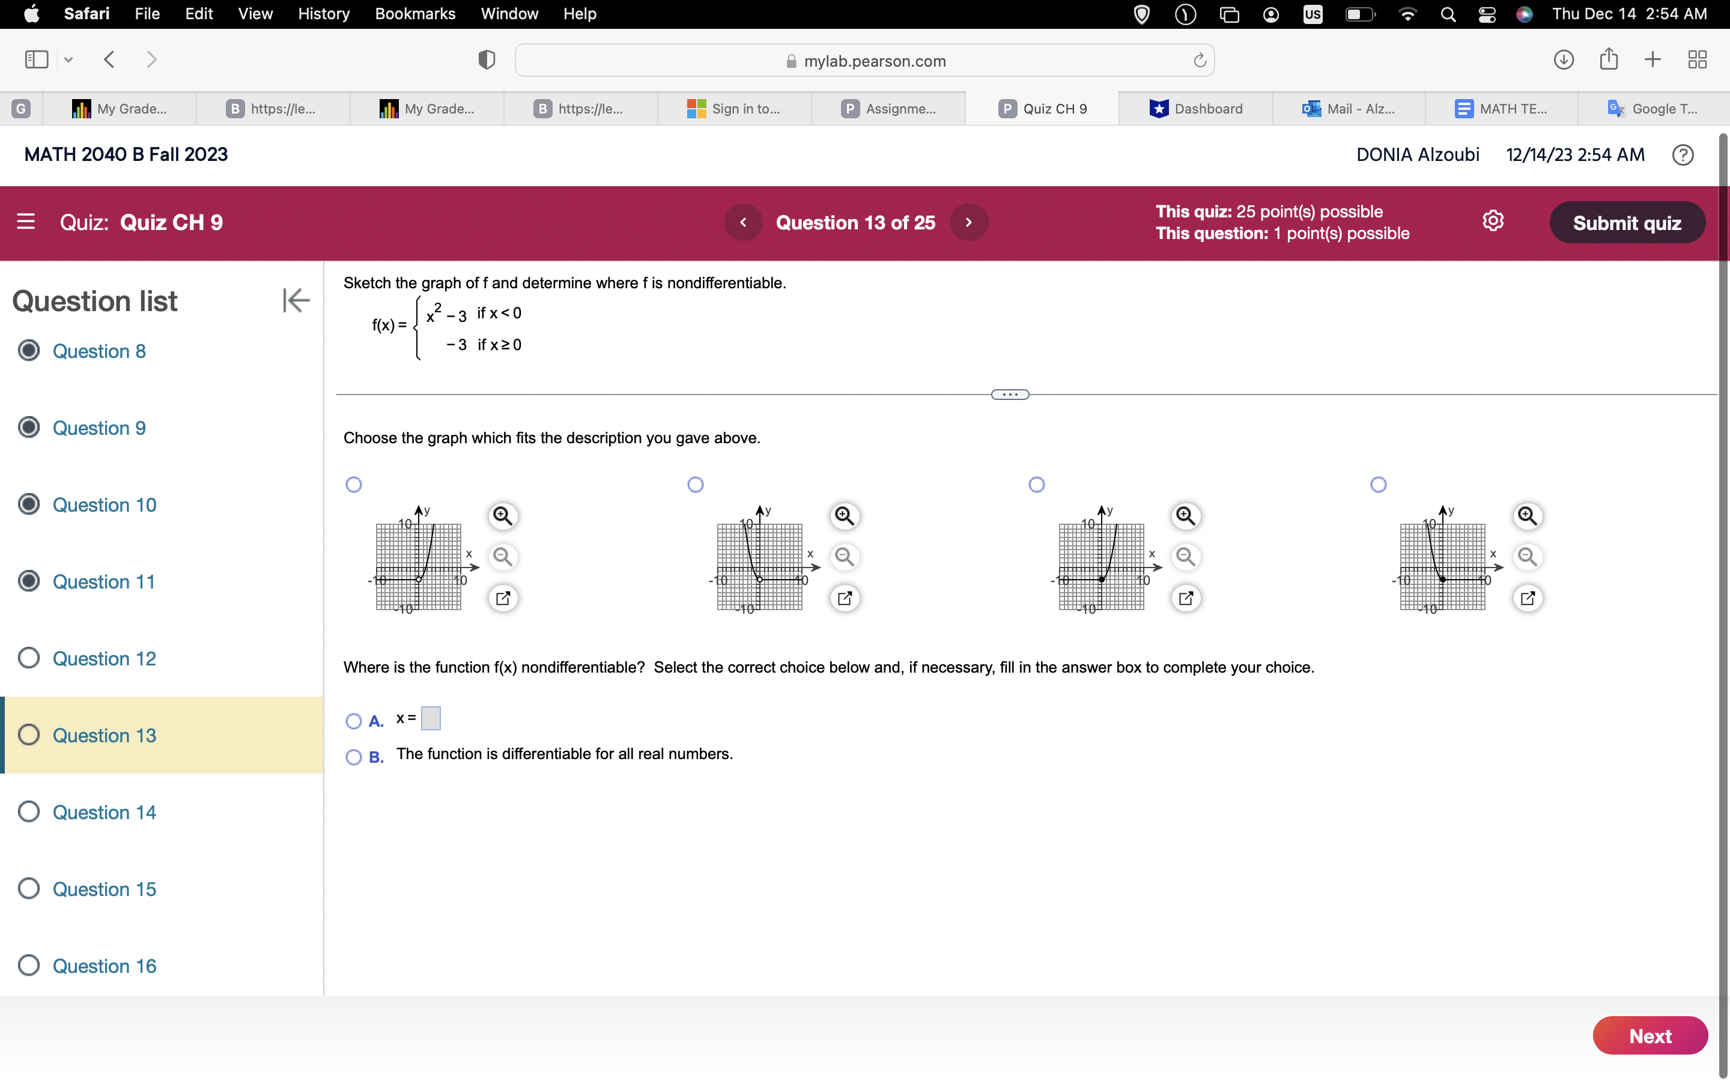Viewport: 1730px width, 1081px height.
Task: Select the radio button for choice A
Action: (x=354, y=721)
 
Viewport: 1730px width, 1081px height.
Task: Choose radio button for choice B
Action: (x=354, y=757)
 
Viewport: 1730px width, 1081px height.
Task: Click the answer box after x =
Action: (x=431, y=718)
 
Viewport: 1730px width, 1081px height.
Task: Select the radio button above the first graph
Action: (x=354, y=485)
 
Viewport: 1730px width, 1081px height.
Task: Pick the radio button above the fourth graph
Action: (x=1378, y=485)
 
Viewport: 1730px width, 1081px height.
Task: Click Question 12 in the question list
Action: (x=105, y=658)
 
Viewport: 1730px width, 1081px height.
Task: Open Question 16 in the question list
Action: (x=105, y=966)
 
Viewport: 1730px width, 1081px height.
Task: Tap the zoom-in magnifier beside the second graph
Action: (x=844, y=515)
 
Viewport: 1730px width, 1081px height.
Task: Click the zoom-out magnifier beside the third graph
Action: (x=1185, y=556)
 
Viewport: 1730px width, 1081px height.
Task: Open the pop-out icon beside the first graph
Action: (x=503, y=598)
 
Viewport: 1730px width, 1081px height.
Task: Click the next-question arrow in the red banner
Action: (x=969, y=222)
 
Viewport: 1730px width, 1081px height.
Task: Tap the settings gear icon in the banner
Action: (x=1493, y=221)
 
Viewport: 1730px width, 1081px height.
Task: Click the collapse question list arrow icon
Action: (x=296, y=300)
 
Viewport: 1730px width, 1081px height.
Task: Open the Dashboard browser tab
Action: (x=1196, y=109)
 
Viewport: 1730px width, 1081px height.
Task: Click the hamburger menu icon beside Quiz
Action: (x=26, y=222)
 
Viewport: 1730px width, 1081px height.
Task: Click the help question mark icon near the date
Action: (x=1682, y=155)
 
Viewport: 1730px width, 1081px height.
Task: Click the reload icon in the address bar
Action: (x=1200, y=61)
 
